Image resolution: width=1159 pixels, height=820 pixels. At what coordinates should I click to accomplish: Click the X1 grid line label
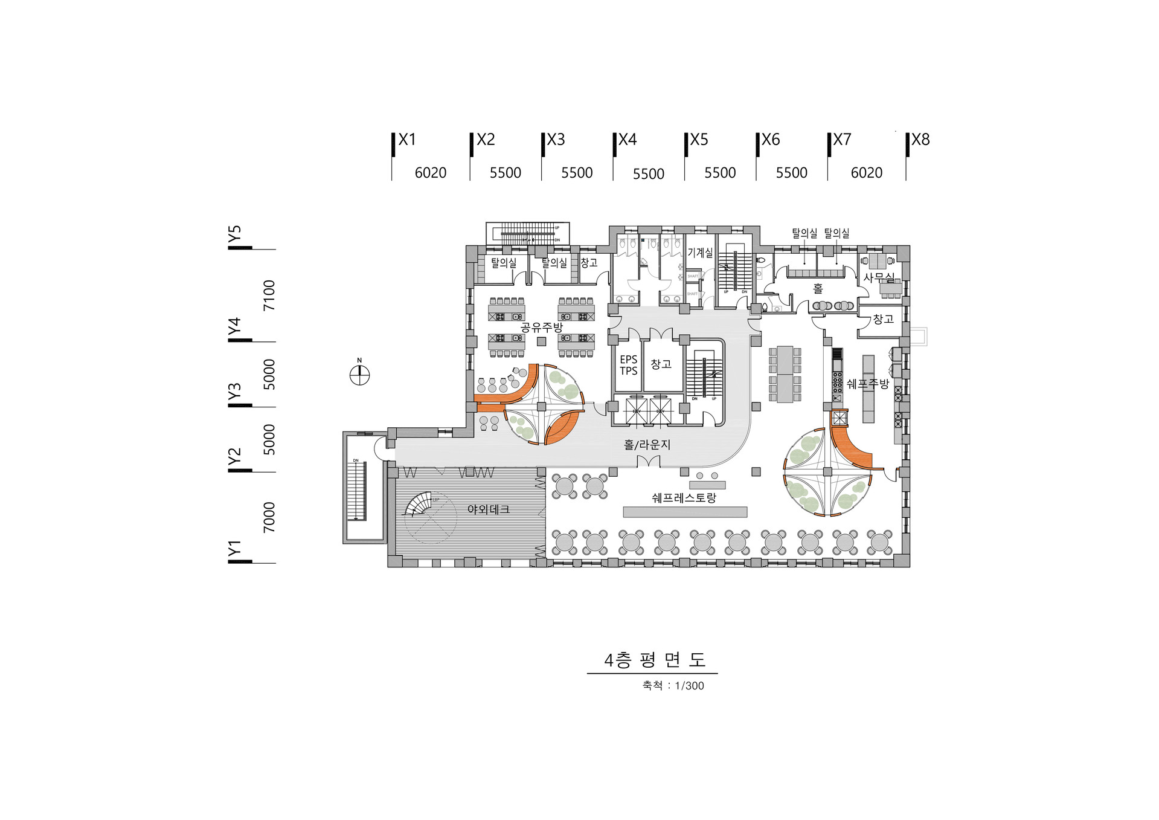(407, 140)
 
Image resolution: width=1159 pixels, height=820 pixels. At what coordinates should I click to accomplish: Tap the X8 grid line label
(920, 140)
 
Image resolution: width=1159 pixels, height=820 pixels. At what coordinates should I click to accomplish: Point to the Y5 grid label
(234, 234)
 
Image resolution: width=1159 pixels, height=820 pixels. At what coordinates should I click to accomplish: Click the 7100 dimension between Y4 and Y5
(269, 295)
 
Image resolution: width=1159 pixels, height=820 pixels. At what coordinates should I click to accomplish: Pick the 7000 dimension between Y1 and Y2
(269, 517)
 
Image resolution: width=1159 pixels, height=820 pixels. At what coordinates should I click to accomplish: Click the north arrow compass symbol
(359, 375)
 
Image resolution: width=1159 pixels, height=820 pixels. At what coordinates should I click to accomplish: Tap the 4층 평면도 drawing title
(654, 660)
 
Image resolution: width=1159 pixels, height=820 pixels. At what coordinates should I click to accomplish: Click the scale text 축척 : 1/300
(673, 686)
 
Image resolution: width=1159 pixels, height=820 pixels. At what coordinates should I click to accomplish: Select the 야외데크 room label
(488, 509)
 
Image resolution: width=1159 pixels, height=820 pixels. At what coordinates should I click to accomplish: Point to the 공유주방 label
(541, 328)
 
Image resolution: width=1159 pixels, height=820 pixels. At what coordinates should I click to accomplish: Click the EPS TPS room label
(628, 365)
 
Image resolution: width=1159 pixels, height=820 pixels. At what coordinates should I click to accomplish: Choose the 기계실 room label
(700, 253)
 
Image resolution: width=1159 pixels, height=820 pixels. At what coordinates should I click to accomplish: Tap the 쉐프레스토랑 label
(684, 498)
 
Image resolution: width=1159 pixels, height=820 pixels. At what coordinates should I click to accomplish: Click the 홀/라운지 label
(647, 445)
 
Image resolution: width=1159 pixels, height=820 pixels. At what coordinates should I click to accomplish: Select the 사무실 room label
(879, 277)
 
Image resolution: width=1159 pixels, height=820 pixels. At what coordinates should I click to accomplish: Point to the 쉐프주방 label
(867, 384)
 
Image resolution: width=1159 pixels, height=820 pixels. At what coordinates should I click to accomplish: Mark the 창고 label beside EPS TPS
(661, 364)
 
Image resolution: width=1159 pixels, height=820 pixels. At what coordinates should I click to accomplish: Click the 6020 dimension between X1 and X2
(430, 173)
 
